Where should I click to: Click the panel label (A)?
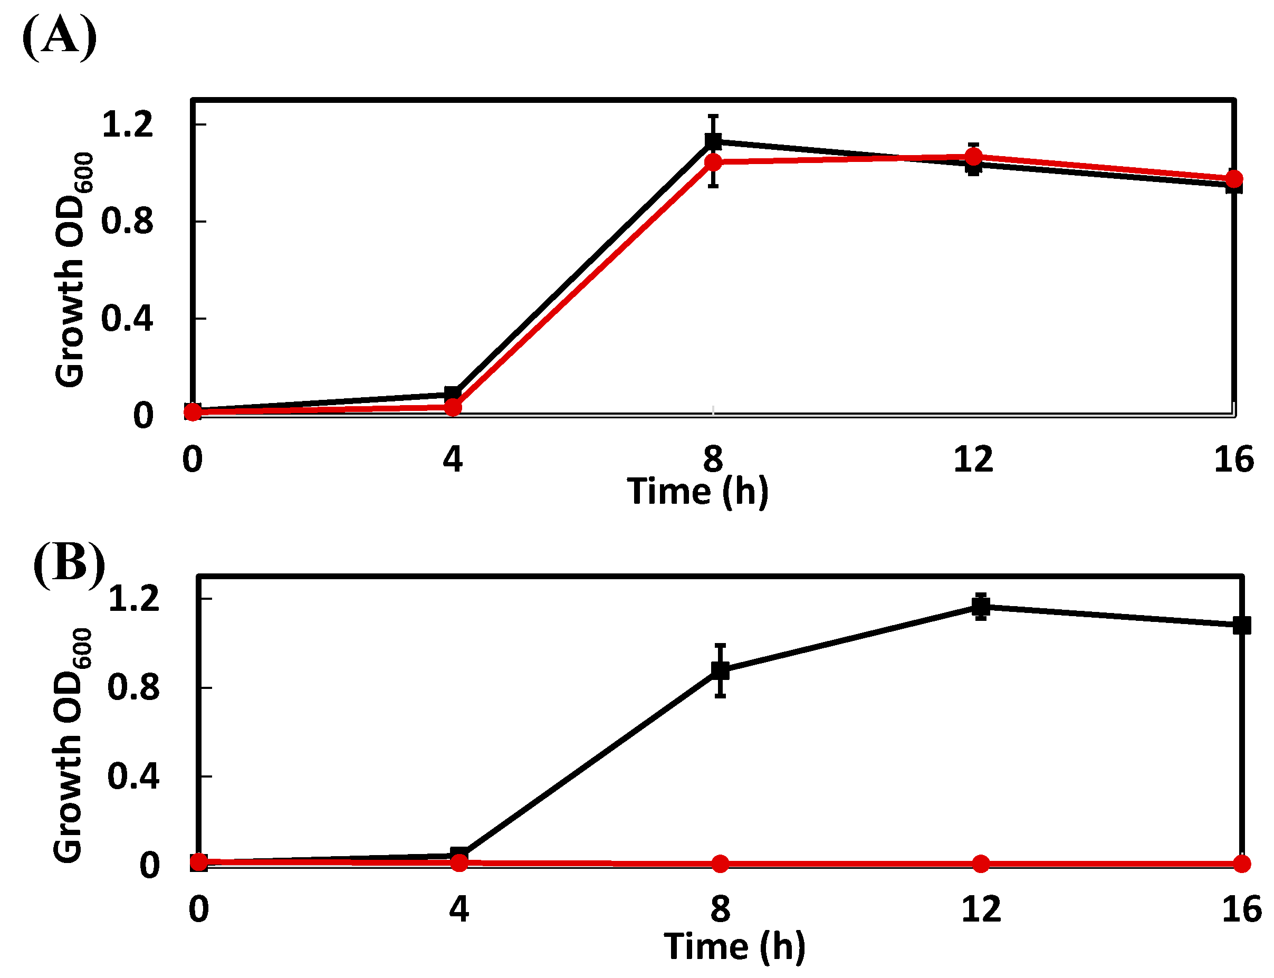60,36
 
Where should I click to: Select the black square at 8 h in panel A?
713,141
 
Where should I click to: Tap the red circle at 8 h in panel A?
713,162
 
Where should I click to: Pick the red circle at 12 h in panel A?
974,157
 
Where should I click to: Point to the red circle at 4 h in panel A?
453,407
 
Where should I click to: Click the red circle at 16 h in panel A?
1234,179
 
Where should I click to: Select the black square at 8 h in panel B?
721,670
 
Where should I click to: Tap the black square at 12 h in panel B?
981,607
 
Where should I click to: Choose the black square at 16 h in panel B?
1242,626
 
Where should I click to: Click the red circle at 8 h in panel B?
721,864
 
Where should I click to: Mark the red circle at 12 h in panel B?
981,864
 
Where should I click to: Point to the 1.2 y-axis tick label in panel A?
128,124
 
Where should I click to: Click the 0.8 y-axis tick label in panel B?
133,687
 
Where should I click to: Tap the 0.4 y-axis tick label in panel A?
128,319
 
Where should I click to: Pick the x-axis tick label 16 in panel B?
1242,909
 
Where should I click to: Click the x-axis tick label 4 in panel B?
459,909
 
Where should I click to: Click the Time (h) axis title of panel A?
697,492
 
